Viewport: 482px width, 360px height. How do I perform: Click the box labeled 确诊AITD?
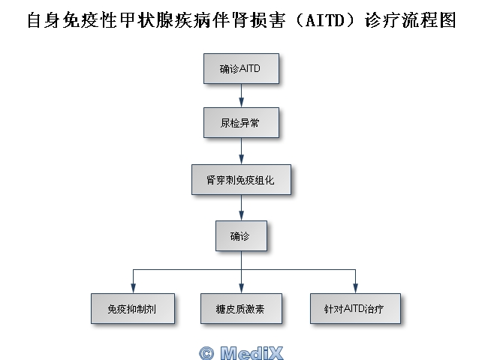click(x=240, y=68)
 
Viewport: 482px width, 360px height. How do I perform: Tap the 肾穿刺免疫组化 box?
click(x=240, y=179)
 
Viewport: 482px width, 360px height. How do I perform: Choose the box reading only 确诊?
click(x=240, y=235)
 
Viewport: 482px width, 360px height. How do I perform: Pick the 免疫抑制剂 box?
click(x=132, y=308)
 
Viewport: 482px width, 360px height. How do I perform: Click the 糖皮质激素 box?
click(x=240, y=308)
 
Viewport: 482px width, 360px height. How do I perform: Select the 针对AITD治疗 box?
click(x=355, y=308)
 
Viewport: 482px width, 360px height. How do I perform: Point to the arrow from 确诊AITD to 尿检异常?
click(x=241, y=95)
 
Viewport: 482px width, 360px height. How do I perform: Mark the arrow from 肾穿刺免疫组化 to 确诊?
click(x=241, y=208)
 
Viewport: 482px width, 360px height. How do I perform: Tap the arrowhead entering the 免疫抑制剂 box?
click(x=133, y=288)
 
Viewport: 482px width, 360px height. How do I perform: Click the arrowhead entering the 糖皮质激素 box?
click(x=241, y=288)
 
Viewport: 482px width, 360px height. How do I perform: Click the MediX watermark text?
click(x=252, y=352)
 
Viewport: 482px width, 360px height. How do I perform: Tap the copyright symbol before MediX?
click(x=206, y=352)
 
